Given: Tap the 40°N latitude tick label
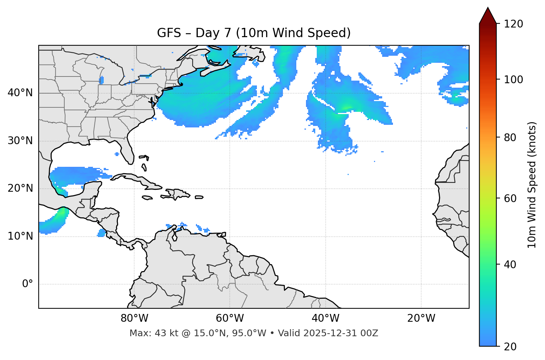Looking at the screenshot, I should coord(20,93).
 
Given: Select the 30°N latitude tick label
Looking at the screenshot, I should coord(20,141).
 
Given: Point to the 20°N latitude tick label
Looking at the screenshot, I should coord(20,188).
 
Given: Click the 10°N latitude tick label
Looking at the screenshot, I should coord(20,236).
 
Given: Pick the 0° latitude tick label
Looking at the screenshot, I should coord(28,284).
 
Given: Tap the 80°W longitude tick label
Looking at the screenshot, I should coord(135,318).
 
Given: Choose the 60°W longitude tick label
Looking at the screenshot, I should coord(230,318).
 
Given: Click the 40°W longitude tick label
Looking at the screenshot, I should coord(326,318).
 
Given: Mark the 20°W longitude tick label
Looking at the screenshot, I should coord(421,318).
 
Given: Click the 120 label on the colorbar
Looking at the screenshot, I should coord(513,24).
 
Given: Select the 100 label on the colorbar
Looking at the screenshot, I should coord(513,80).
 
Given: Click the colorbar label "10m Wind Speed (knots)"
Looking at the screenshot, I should coord(532,185).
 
